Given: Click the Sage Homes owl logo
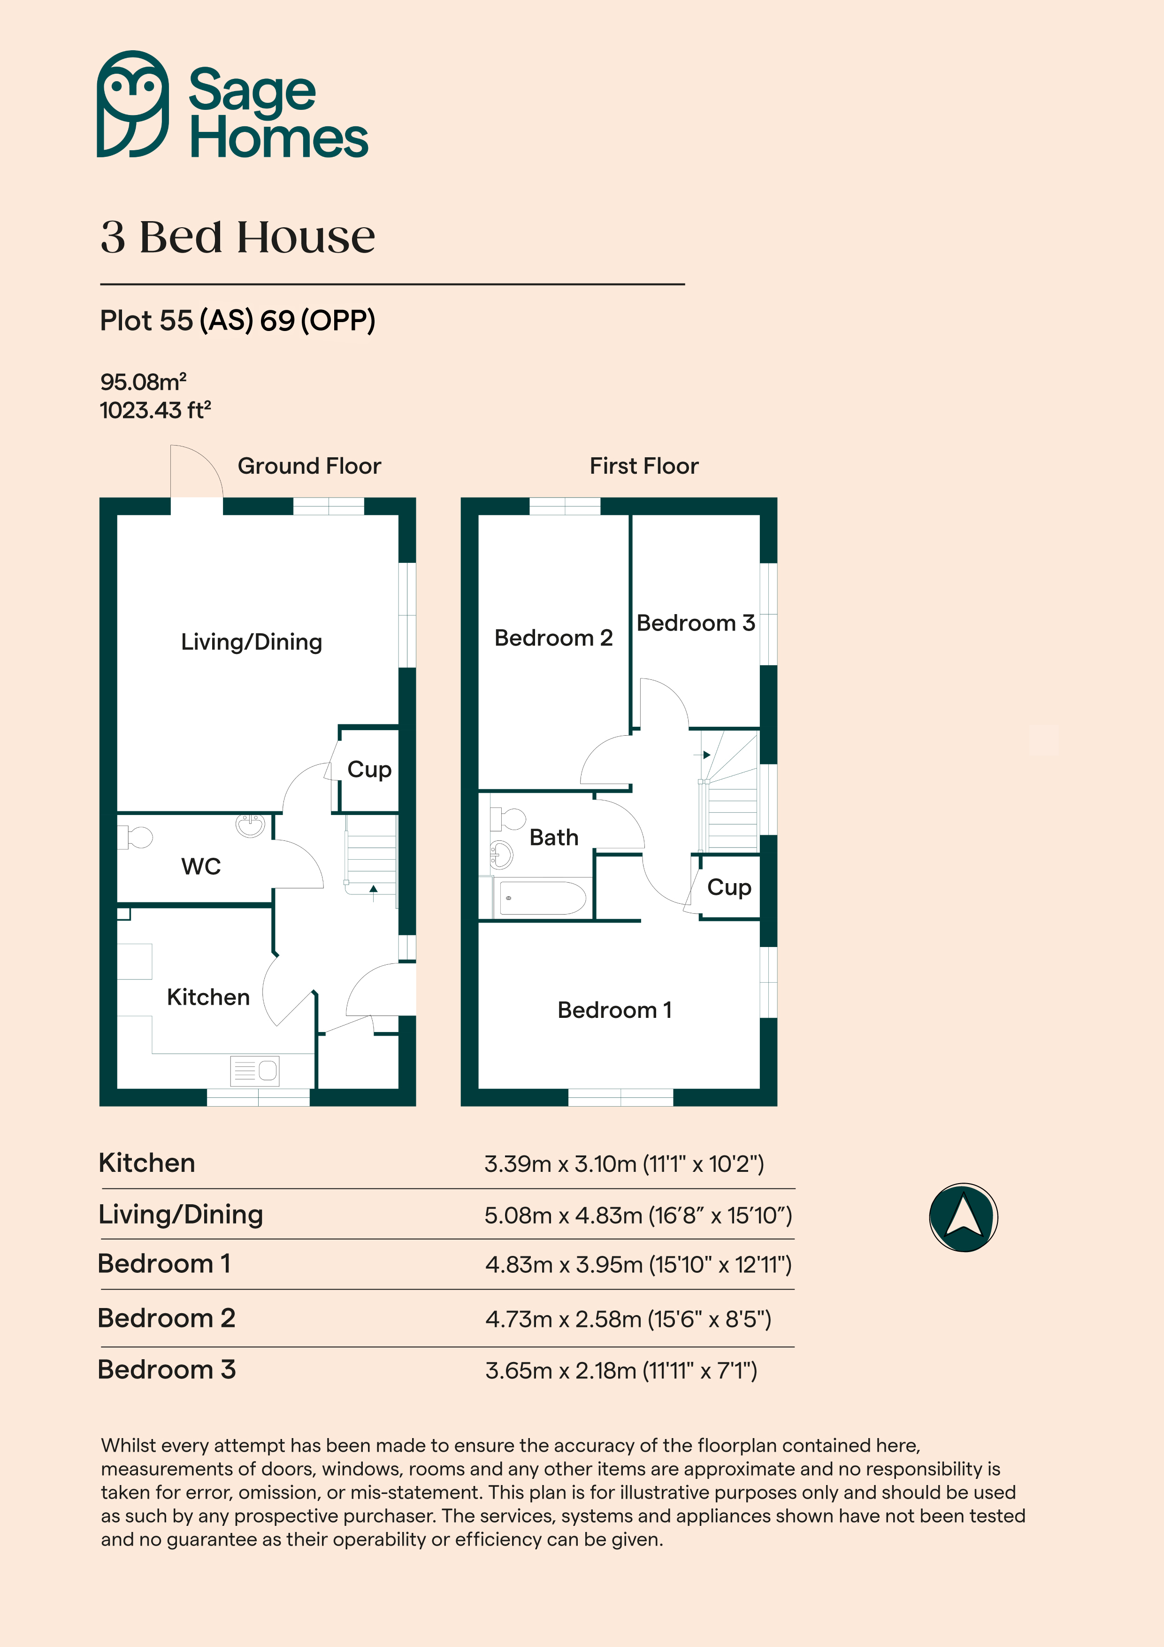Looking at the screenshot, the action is (133, 104).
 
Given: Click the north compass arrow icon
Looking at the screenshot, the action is (963, 1217).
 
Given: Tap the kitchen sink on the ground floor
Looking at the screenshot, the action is (254, 1071).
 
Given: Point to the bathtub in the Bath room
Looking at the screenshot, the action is (542, 898).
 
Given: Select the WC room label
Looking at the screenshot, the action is (201, 867).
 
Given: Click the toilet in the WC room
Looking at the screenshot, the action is (135, 837).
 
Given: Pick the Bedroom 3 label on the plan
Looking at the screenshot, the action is (696, 623).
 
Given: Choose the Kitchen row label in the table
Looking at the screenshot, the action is (147, 1163).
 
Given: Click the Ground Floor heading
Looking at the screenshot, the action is (309, 466).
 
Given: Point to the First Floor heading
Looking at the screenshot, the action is (644, 466).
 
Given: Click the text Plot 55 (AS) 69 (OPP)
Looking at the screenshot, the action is (237, 321).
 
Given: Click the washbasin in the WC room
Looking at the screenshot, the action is (250, 826).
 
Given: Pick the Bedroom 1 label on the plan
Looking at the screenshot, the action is (615, 1010).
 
